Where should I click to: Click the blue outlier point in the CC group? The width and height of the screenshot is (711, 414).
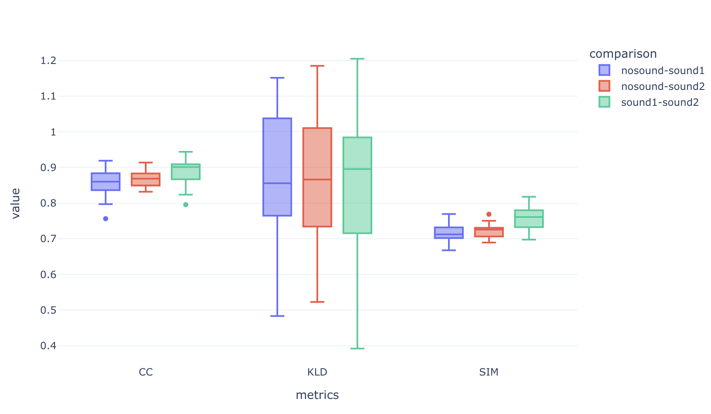click(106, 219)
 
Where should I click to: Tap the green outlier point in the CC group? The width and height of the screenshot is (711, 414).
click(185, 204)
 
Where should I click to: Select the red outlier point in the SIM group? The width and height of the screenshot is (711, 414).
click(489, 214)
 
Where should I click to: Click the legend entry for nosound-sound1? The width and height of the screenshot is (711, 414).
click(662, 70)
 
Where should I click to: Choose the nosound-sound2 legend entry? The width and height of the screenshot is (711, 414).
click(662, 86)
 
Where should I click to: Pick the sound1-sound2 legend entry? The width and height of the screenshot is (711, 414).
click(659, 102)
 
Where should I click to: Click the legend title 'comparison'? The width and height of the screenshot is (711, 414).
click(623, 54)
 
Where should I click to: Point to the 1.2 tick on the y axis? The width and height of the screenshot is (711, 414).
click(48, 61)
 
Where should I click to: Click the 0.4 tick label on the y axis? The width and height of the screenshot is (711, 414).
click(48, 346)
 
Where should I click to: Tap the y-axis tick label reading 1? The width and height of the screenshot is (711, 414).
click(53, 132)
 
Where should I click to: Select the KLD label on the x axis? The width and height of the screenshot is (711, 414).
click(317, 372)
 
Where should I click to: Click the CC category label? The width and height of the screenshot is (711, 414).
click(146, 372)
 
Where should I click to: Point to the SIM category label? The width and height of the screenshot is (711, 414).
click(489, 372)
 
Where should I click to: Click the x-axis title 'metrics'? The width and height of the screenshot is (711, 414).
click(317, 395)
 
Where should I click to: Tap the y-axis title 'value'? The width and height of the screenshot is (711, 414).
click(15, 203)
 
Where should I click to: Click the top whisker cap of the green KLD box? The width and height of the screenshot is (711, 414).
click(357, 59)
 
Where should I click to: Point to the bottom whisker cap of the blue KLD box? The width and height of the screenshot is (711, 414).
click(277, 316)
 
